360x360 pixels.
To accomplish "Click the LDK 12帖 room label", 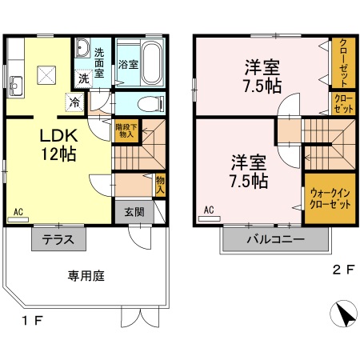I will pos(58,145).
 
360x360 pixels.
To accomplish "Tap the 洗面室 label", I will pos(99,62).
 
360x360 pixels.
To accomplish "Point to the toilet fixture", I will pos(149,103).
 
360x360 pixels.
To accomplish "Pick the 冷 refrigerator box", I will pos(74,102).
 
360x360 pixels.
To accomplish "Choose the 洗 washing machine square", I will pos(83,78).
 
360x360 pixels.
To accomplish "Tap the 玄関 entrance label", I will pos(134,212).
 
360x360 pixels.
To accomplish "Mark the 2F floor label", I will pos(342,270).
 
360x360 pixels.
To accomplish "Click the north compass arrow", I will pos(345,314).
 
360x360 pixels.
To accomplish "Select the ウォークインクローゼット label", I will pos(330,198).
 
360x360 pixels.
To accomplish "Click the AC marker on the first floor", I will pos(18,213).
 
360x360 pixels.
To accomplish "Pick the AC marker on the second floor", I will pos(209,210).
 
